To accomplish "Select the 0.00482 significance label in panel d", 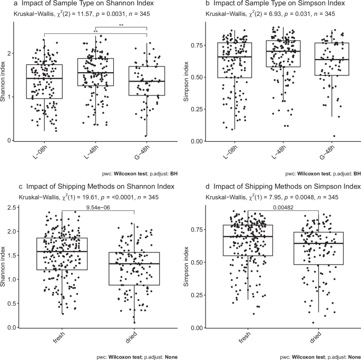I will (285, 207).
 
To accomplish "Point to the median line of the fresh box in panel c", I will (62, 252).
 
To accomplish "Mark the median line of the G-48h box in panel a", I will (147, 81).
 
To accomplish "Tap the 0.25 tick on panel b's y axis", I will (197, 109).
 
